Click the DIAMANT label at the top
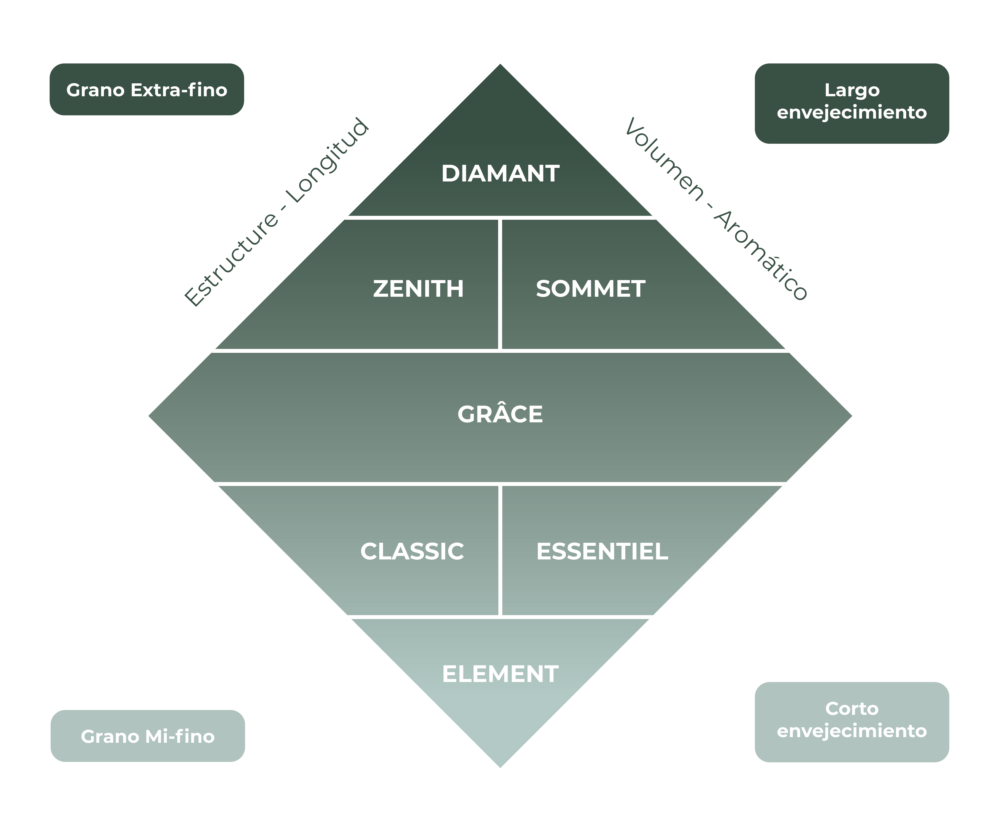[500, 173]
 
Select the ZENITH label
[418, 289]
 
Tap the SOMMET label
[591, 289]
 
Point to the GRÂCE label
[500, 414]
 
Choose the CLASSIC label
[412, 551]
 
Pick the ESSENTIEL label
[602, 551]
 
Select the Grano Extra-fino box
[147, 90]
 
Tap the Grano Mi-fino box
[148, 736]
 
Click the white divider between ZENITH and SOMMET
[500, 285]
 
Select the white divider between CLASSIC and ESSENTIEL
[500, 550]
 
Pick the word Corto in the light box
[851, 709]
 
